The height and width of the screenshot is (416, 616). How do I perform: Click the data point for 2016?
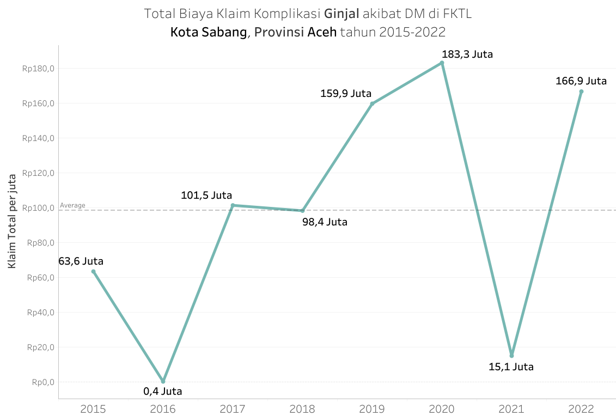point(163,381)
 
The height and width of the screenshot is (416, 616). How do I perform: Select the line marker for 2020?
point(442,63)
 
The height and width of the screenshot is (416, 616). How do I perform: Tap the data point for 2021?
point(511,356)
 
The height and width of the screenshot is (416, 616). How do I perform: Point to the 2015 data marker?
point(93,271)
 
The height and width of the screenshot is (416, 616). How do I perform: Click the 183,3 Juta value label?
point(467,54)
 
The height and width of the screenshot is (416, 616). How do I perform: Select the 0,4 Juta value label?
point(163,391)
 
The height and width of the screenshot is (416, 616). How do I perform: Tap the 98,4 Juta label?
point(325,222)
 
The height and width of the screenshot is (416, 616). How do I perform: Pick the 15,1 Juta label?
point(511,367)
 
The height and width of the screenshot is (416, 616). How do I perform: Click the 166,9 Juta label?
point(581,81)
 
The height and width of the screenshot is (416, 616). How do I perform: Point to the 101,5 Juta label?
point(206,195)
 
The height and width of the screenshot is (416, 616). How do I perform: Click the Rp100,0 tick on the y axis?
point(38,208)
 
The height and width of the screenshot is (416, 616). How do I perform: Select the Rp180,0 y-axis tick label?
point(38,69)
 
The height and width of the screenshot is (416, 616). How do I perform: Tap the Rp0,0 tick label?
point(42,382)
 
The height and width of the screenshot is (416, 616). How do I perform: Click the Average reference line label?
point(72,205)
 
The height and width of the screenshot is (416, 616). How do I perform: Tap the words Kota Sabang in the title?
point(209,32)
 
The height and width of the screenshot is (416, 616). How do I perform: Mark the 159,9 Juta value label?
point(346,93)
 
